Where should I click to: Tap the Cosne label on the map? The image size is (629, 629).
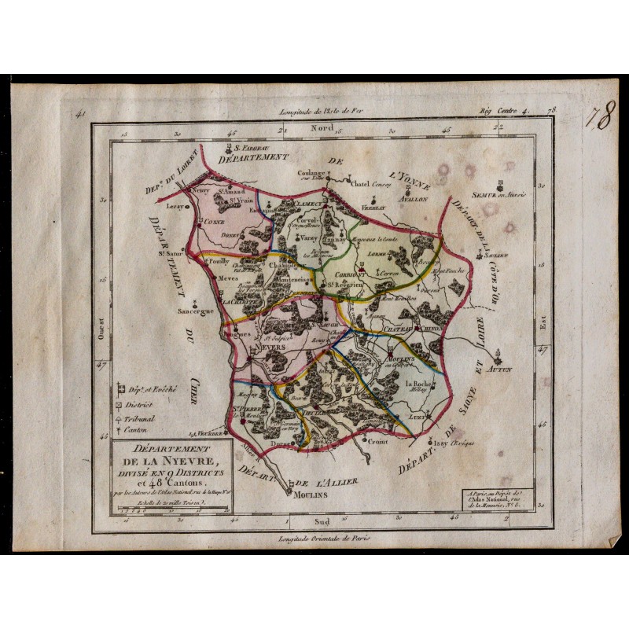215,223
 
